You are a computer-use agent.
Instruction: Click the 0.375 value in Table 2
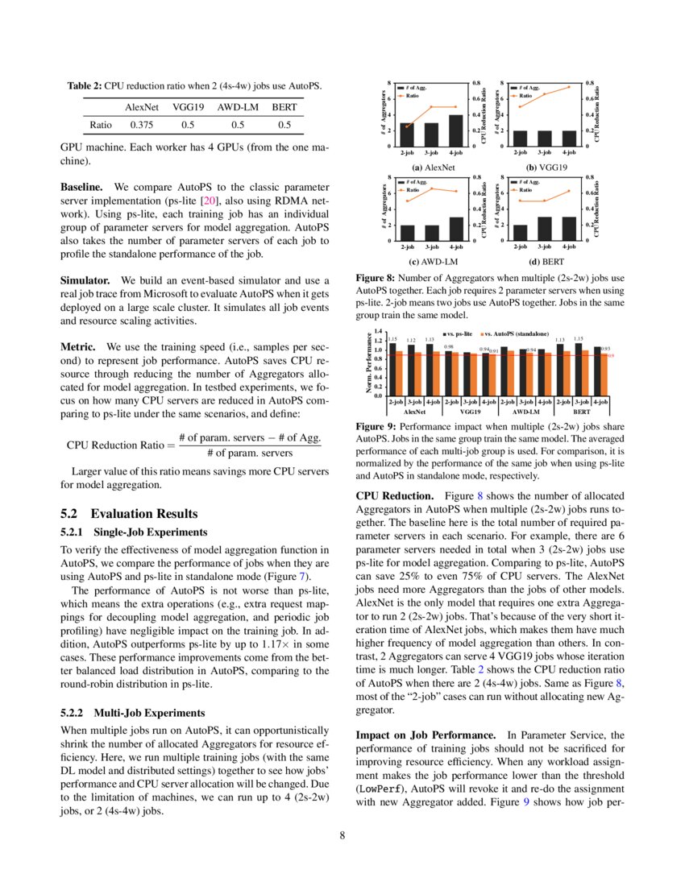pos(142,125)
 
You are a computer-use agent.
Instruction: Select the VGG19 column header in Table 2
pos(188,106)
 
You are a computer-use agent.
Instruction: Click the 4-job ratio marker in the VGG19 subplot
pos(569,87)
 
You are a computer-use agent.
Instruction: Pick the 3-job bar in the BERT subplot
pos(545,229)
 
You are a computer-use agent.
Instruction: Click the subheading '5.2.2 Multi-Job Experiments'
pos(132,713)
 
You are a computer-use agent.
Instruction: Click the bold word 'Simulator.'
pos(87,281)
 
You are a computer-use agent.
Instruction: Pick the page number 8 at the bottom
pos(342,834)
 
